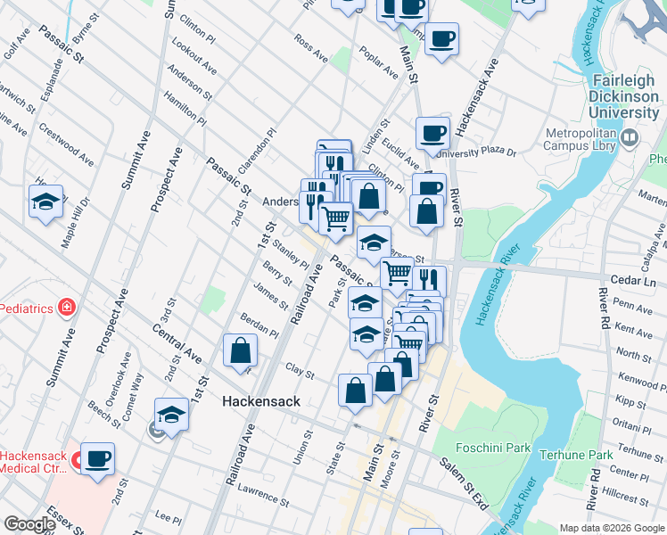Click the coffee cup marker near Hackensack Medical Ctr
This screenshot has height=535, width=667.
[x=98, y=458]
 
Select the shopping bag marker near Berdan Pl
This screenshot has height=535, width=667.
[x=241, y=350]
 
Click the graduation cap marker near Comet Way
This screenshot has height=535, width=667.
[x=171, y=415]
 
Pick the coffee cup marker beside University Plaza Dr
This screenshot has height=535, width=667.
[x=433, y=133]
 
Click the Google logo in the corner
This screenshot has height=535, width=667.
[x=29, y=524]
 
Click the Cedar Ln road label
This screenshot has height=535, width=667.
[x=637, y=281]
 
